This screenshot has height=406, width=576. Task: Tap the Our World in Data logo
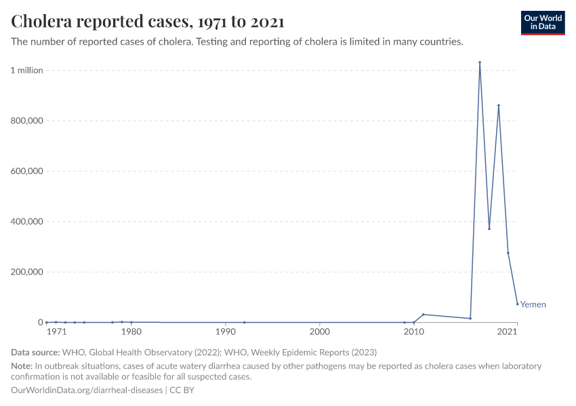tap(542, 22)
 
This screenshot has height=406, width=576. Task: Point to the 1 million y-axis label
tap(26, 70)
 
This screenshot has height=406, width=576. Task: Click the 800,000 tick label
tap(26, 121)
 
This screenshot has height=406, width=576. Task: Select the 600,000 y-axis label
tap(26, 171)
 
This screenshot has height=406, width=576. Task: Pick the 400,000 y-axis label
tap(26, 222)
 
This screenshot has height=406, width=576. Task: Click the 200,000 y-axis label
tap(26, 272)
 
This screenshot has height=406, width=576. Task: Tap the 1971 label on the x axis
tap(56, 332)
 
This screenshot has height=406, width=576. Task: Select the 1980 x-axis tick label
tap(131, 332)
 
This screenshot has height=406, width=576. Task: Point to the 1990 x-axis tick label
tap(225, 332)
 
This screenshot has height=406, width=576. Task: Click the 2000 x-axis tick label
tap(319, 332)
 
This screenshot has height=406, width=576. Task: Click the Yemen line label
tap(533, 304)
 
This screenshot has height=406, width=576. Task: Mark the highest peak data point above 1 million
tap(480, 62)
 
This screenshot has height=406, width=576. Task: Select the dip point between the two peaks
tap(489, 229)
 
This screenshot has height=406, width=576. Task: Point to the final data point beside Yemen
tap(517, 304)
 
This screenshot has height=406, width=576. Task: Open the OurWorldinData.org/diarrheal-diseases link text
tap(87, 390)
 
